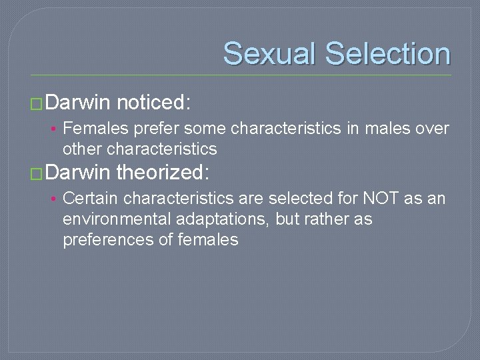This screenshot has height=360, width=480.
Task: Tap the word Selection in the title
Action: (x=389, y=53)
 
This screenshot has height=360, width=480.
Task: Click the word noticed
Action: (x=154, y=103)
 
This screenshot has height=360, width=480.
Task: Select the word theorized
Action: (x=163, y=173)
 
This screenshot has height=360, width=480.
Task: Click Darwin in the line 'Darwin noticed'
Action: (x=79, y=103)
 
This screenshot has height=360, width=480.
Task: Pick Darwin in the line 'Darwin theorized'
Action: (x=79, y=173)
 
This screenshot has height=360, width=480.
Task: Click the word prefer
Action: (x=159, y=128)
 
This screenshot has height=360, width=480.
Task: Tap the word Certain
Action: (x=91, y=198)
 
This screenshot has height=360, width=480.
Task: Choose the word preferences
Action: (x=108, y=240)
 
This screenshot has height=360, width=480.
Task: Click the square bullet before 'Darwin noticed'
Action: (x=37, y=104)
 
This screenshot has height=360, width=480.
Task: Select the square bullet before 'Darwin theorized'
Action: (x=37, y=174)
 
